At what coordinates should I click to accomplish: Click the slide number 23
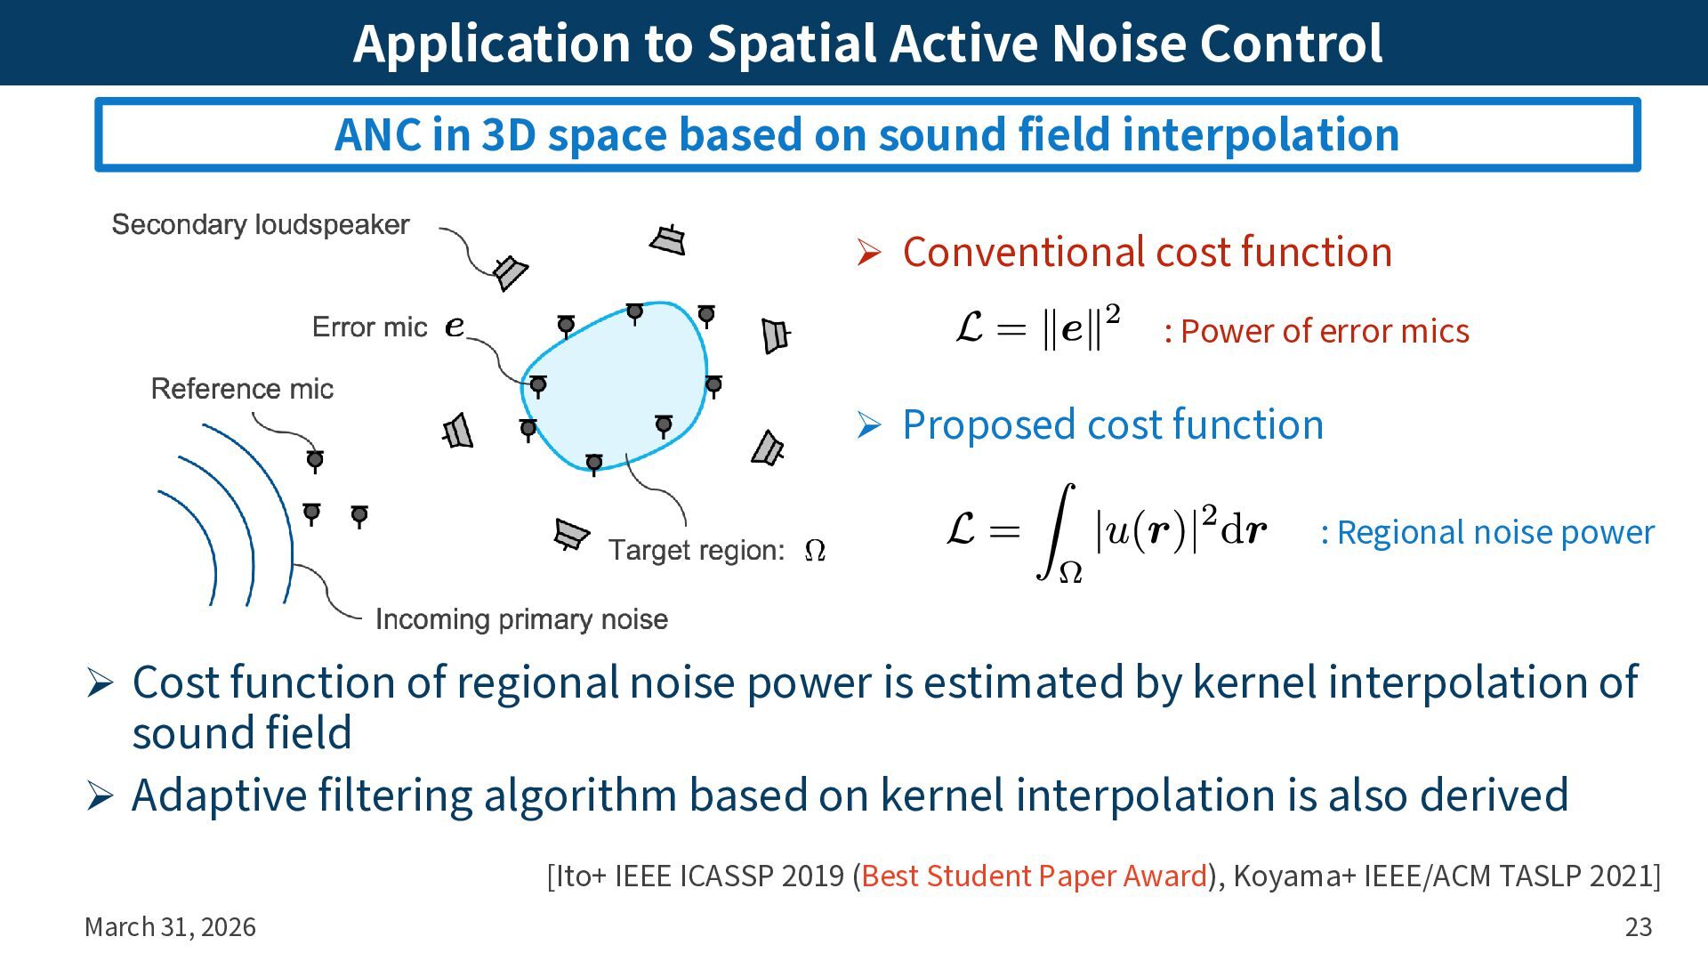tap(1638, 927)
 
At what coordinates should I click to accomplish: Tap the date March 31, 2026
tap(170, 927)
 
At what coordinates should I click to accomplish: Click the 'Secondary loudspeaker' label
tap(260, 224)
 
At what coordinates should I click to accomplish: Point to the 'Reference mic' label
tap(242, 389)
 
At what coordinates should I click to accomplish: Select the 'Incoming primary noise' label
tap(521, 619)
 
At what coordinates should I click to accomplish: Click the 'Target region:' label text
tap(696, 551)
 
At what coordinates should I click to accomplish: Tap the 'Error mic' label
tap(369, 327)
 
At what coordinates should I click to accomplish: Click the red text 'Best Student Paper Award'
tap(1034, 876)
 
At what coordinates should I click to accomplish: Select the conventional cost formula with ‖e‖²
tap(1037, 327)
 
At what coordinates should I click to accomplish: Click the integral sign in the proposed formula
tap(1056, 531)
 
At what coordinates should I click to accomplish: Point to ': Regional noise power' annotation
tap(1486, 532)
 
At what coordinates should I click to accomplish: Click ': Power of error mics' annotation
tap(1316, 331)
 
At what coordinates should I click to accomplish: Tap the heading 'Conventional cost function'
tap(1147, 252)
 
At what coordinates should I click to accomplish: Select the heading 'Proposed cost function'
tap(1112, 424)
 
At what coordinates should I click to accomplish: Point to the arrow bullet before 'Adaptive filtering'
tap(100, 795)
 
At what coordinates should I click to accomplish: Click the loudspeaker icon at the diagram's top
tap(668, 239)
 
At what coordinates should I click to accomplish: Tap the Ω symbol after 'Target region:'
tap(814, 552)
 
